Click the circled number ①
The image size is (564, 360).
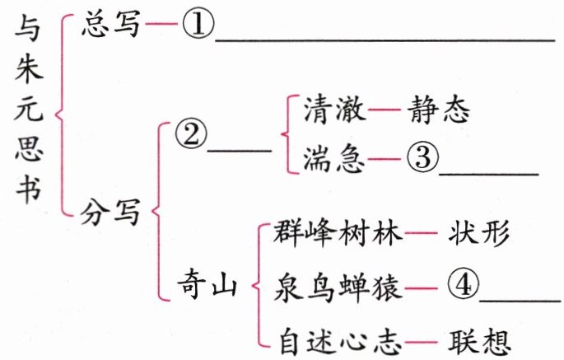(198, 24)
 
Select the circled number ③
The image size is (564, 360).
(423, 157)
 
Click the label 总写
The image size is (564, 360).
(110, 24)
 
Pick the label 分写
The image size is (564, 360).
(110, 212)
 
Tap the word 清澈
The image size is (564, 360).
(334, 109)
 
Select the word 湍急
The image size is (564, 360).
(333, 159)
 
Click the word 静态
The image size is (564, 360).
(439, 109)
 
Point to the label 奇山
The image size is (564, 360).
(207, 286)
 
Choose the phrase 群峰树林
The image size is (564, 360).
(338, 233)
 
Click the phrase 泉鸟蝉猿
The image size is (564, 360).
(338, 288)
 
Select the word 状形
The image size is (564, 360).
(478, 233)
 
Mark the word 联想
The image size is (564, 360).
(479, 342)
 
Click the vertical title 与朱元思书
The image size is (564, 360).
(29, 109)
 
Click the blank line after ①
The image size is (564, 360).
(385, 40)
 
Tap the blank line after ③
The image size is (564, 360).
(489, 174)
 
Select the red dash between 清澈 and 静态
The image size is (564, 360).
(385, 109)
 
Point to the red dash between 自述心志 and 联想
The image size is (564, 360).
(421, 342)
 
